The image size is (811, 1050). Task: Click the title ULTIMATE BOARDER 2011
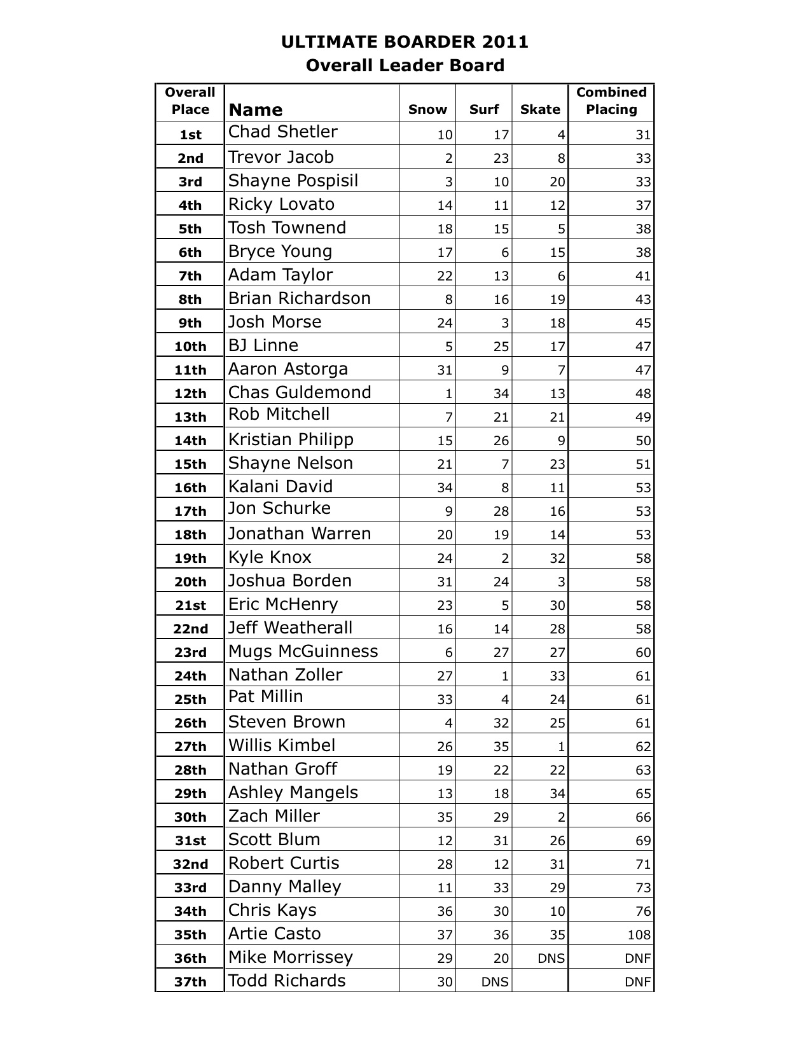(405, 42)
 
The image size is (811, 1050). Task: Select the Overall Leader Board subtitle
(405, 66)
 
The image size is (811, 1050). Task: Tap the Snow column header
(427, 109)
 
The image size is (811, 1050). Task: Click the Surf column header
(483, 109)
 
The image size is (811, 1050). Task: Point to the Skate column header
(540, 109)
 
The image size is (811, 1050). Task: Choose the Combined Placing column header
(611, 100)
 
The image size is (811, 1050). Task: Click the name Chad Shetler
(283, 132)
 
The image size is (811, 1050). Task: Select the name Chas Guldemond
(300, 392)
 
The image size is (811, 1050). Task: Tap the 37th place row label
(190, 982)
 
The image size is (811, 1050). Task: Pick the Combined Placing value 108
(639, 935)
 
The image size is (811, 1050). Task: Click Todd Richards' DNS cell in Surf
(495, 982)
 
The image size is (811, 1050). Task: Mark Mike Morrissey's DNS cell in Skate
(551, 958)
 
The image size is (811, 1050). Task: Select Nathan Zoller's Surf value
(505, 676)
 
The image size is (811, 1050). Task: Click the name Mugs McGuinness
(303, 651)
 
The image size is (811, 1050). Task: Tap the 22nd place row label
(190, 629)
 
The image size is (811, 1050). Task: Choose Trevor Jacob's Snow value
(448, 158)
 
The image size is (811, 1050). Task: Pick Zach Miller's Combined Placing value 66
(643, 817)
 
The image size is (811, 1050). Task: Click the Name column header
(255, 109)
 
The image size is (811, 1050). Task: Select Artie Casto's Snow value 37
(445, 935)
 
